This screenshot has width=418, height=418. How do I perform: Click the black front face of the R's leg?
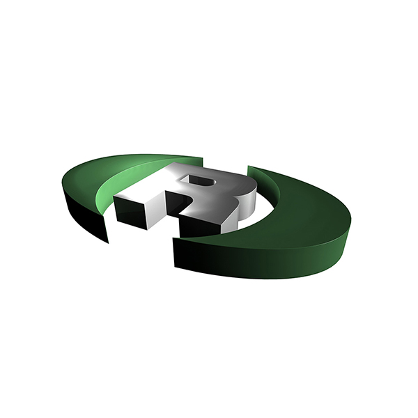click(199, 226)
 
